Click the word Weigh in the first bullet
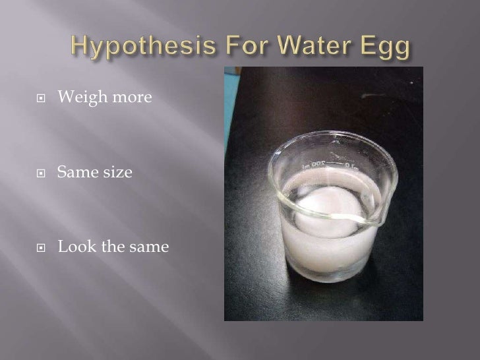coord(78,99)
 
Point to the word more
coord(117,100)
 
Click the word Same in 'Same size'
coord(74,173)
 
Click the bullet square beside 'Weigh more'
coord(41,100)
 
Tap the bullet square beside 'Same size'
coord(41,174)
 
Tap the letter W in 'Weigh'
coord(65,99)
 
